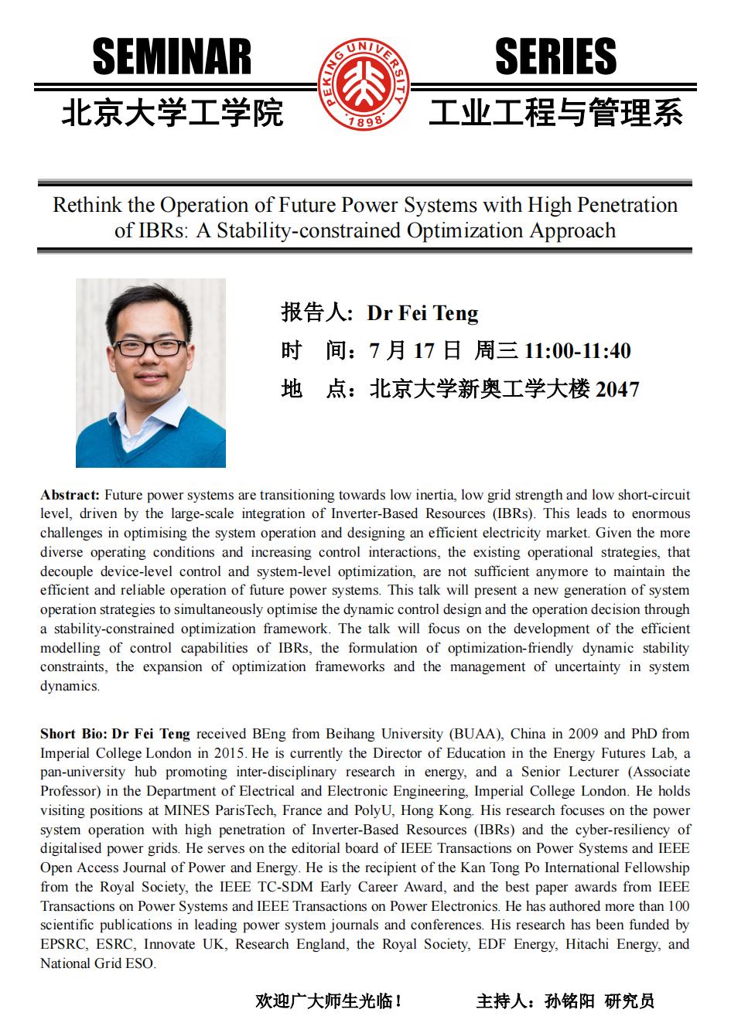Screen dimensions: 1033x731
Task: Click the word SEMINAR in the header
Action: click(172, 57)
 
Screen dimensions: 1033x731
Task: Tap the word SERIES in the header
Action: click(555, 57)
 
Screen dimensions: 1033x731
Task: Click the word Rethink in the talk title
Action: click(84, 205)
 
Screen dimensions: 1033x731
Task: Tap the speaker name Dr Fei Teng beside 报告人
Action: click(422, 313)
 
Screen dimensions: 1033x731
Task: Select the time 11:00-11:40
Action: click(577, 351)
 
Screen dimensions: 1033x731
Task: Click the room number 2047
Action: click(617, 389)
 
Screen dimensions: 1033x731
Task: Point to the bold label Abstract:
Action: click(70, 495)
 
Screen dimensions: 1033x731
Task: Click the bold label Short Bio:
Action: click(73, 734)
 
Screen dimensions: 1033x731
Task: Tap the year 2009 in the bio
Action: click(584, 734)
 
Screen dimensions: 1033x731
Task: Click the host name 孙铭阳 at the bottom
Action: click(569, 1001)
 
